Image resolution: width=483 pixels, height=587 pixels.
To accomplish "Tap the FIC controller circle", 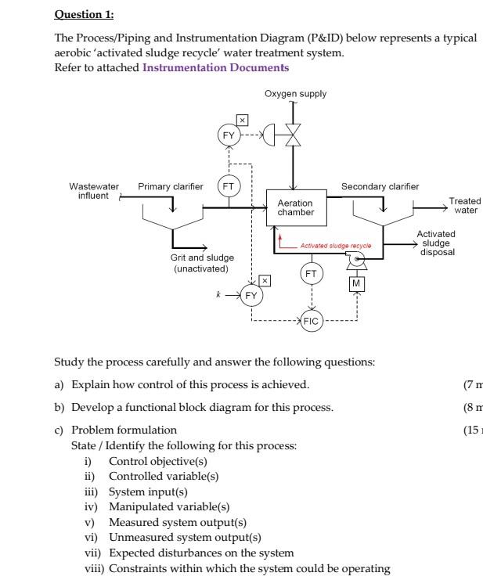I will point(312,321).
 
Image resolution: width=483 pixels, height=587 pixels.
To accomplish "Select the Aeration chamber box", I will point(296,207).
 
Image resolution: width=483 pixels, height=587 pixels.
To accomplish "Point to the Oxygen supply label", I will point(295,94).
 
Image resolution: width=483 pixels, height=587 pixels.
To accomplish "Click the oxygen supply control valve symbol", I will point(294,135).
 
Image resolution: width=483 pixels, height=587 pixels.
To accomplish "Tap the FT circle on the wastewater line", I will point(229,187).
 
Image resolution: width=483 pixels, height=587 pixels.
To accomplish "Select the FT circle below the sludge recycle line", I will point(312,273).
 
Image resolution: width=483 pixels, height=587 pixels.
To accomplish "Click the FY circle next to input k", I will point(251,295).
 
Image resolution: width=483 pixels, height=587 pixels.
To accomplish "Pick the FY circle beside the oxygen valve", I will point(229,135).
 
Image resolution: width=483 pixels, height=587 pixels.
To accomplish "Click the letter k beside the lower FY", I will point(218,294).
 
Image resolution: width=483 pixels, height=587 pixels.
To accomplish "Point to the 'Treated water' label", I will point(465,205).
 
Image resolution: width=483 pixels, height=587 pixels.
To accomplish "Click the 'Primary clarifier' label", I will point(170,186).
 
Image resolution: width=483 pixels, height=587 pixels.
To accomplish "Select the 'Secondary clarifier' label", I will point(380,186).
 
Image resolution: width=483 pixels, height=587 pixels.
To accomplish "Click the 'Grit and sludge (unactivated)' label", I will point(202,263).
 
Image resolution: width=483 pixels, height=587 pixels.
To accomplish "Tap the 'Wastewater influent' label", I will point(94,190).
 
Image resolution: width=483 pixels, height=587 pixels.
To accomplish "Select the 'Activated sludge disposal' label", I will point(436,243).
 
